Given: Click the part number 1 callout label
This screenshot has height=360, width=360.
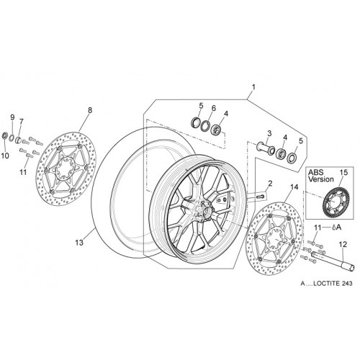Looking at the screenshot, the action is point(253,87).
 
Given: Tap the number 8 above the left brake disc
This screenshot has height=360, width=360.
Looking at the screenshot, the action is point(90,110).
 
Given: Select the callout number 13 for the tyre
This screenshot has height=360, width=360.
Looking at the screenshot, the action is point(79,243).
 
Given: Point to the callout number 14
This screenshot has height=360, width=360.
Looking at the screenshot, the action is point(294,186).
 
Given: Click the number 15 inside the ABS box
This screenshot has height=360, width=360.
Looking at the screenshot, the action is point(343,172).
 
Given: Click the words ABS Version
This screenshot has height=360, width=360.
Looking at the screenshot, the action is point(321,176).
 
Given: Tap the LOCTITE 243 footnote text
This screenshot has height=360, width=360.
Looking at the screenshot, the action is point(327,284).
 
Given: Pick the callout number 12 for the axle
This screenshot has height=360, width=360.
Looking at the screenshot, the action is point(343,244).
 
